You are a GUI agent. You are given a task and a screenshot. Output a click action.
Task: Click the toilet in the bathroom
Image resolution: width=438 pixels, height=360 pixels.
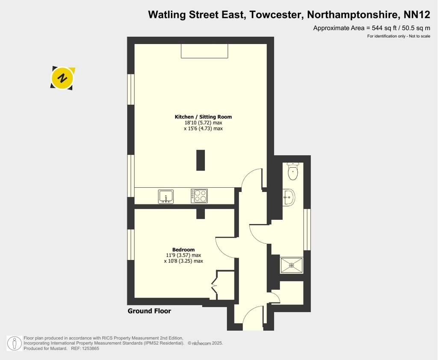(293, 171)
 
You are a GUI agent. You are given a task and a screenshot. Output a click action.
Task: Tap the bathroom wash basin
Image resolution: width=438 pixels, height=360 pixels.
(289, 198)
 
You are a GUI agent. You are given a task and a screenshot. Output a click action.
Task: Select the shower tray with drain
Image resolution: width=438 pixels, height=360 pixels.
(292, 265)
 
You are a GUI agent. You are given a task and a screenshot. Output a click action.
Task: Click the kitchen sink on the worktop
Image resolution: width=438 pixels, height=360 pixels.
(166, 197)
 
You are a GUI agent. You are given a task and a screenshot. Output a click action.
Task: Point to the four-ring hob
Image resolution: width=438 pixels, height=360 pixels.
(199, 196)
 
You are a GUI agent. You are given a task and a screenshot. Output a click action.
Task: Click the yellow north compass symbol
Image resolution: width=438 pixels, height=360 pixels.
(63, 78)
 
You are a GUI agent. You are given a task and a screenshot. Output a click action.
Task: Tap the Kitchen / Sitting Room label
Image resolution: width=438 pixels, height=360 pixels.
(203, 117)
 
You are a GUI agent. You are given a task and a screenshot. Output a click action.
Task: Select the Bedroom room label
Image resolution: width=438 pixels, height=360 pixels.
(183, 250)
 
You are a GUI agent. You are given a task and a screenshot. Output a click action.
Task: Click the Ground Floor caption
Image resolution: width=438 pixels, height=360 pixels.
(149, 311)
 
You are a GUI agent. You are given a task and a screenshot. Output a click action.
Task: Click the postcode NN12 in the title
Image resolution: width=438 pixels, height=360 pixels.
(417, 15)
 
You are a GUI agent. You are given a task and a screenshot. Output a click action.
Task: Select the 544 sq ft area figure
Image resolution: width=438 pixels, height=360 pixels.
(384, 28)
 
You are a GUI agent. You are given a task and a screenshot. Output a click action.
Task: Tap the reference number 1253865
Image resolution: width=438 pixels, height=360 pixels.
(91, 348)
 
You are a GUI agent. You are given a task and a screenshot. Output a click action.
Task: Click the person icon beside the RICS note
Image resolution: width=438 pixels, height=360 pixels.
(14, 343)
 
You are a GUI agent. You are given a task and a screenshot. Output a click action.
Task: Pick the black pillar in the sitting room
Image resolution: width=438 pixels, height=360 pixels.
(201, 160)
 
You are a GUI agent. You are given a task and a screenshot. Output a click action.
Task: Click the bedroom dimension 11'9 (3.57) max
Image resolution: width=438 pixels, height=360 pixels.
(183, 255)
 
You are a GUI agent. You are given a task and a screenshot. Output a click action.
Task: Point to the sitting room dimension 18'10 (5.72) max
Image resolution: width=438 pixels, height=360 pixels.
(203, 123)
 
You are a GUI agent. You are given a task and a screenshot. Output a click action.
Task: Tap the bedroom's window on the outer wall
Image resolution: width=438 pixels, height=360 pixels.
(131, 245)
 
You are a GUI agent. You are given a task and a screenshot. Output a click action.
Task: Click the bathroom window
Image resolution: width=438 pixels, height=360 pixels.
(307, 230)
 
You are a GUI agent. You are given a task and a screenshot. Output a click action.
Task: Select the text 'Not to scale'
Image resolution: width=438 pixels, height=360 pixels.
(420, 36)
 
